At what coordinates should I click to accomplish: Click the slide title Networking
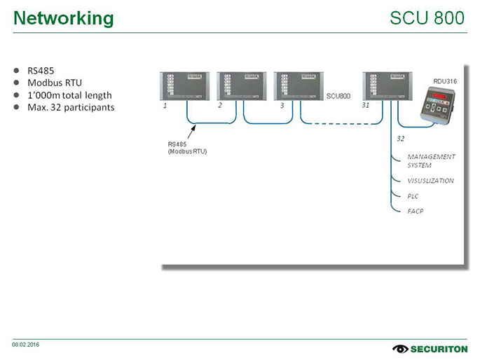63,18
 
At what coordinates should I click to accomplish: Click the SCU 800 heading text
427,18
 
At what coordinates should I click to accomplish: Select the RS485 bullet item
41,71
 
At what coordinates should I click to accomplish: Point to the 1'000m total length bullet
69,95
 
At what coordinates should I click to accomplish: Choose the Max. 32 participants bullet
70,107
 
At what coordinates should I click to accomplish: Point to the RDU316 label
445,82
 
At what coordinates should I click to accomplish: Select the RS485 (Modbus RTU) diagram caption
187,148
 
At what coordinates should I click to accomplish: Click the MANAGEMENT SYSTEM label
431,161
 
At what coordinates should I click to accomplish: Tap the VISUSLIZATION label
430,181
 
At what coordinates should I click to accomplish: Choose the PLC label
413,196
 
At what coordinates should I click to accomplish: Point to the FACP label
416,211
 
